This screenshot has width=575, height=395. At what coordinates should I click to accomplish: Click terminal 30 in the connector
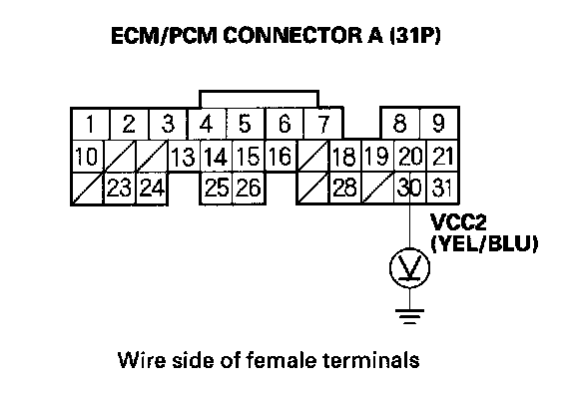tap(410, 188)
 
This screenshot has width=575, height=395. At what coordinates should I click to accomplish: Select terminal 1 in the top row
tap(91, 124)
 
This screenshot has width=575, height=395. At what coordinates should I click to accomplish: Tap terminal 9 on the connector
tap(439, 124)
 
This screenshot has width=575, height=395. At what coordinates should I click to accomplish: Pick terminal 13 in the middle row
tap(184, 156)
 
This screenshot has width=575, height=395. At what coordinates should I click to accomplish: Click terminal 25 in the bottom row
tap(217, 188)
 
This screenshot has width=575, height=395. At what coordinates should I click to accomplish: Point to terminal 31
tap(442, 188)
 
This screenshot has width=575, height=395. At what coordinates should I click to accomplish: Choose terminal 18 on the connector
tap(345, 156)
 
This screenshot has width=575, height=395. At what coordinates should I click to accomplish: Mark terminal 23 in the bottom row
tap(120, 188)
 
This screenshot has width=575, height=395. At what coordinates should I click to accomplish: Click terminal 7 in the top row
tap(322, 124)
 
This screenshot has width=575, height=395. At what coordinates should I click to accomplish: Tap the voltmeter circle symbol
tap(409, 268)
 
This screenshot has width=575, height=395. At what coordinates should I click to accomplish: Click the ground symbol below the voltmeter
tap(409, 316)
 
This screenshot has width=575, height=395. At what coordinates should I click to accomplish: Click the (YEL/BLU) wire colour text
tap(484, 243)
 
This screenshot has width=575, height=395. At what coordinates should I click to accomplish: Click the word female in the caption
tap(281, 360)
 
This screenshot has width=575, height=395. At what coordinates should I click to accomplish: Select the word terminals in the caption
tap(371, 360)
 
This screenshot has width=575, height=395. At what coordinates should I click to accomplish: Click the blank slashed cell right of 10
tap(121, 156)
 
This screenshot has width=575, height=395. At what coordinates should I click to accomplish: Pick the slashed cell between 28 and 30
tap(378, 188)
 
